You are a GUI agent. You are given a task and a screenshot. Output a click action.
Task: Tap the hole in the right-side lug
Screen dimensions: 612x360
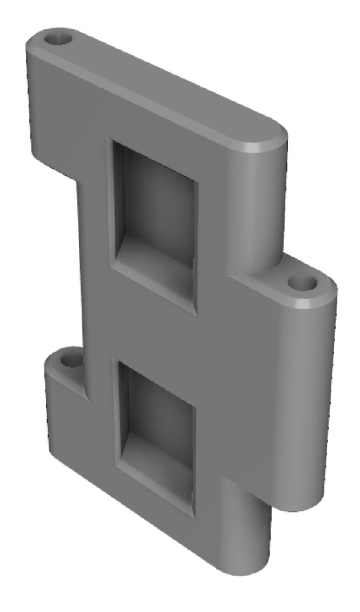(x=302, y=284)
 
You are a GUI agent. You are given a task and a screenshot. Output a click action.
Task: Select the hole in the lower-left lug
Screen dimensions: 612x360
(x=70, y=359)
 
